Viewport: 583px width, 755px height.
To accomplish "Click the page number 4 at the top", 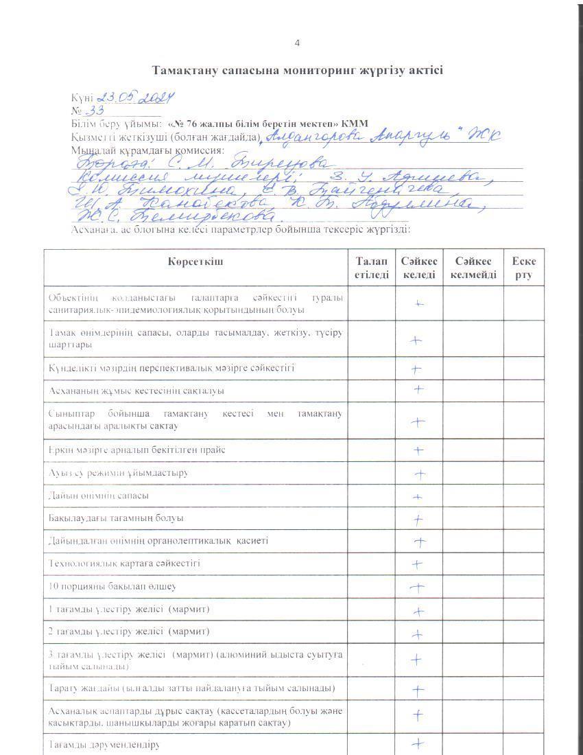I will [297, 43].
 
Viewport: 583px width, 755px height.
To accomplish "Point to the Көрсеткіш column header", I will [195, 262].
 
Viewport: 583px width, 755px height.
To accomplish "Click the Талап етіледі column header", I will [371, 268].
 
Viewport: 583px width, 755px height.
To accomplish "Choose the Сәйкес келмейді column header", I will [473, 268].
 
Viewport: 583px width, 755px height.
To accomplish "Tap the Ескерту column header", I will [524, 268].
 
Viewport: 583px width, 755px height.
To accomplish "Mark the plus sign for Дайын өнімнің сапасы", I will [417, 496].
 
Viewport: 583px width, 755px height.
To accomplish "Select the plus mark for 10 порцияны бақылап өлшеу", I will [418, 587].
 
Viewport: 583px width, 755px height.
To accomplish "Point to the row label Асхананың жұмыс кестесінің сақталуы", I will [137, 391].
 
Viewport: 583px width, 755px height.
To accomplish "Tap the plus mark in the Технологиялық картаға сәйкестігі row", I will [416, 564].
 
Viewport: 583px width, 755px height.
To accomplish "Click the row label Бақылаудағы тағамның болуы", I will [116, 518].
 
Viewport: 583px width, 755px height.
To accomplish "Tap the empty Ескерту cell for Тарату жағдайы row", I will [524, 688].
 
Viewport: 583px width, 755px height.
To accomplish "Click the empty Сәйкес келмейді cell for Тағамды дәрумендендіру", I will [473, 744].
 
